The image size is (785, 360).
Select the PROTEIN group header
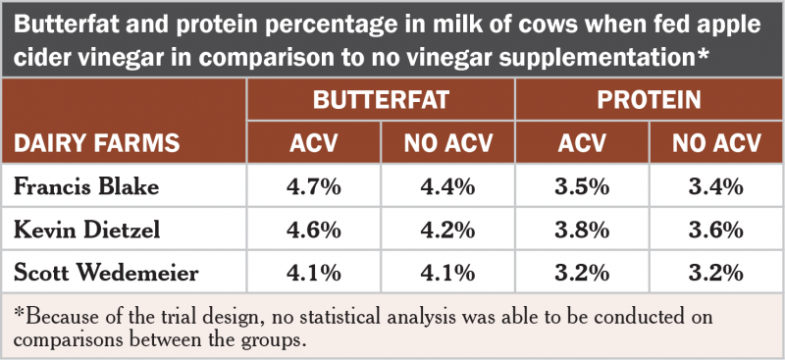(x=649, y=100)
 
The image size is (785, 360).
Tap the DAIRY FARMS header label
(x=96, y=143)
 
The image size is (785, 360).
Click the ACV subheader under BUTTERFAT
(x=313, y=143)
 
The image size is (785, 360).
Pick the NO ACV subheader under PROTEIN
(x=715, y=143)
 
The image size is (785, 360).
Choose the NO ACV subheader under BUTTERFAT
(x=447, y=143)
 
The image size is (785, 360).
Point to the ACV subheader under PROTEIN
(x=582, y=143)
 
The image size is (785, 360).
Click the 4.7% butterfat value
(x=313, y=186)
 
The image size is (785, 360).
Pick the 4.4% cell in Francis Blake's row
(x=447, y=186)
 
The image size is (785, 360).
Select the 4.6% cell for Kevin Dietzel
(x=313, y=230)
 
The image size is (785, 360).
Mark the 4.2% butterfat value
(x=447, y=230)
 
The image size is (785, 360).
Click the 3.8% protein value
(x=582, y=230)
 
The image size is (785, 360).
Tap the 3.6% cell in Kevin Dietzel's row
(x=715, y=230)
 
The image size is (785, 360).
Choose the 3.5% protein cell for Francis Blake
(x=582, y=186)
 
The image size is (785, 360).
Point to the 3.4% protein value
(x=715, y=186)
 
